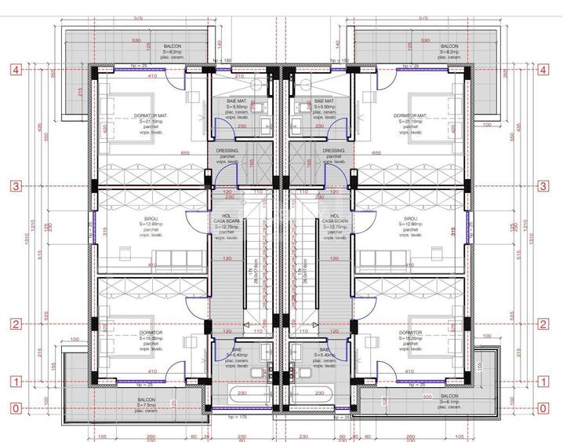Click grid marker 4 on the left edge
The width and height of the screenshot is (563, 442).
click(x=14, y=69)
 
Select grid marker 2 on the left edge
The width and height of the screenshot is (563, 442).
click(x=14, y=323)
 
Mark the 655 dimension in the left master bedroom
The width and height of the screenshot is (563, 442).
click(x=185, y=153)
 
